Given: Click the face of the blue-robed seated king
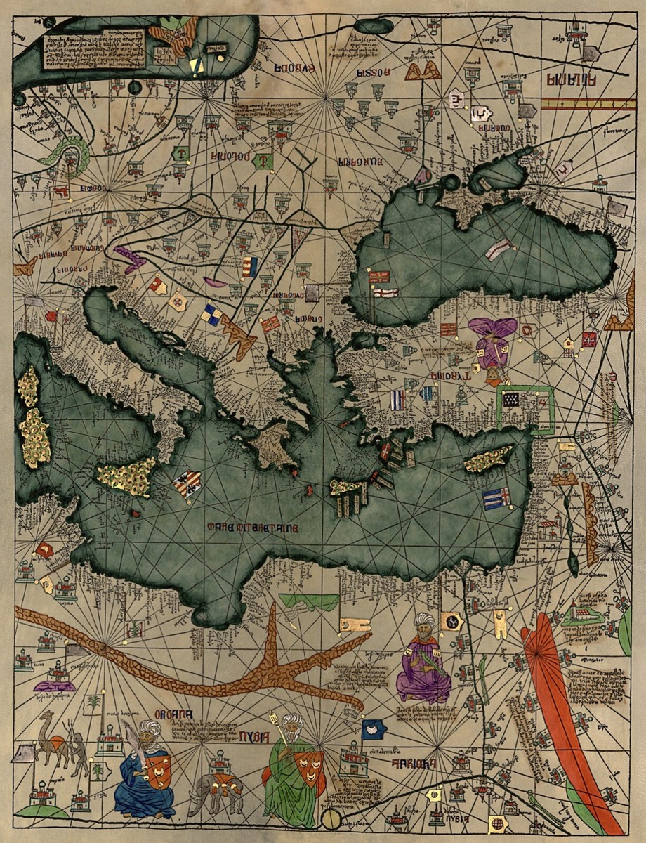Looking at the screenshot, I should click(x=149, y=736).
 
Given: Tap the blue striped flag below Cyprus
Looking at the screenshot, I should click(x=496, y=498).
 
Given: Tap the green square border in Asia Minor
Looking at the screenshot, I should click(x=526, y=406).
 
